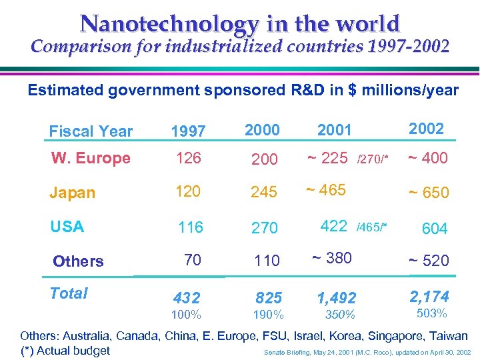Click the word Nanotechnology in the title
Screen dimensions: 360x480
click(x=169, y=24)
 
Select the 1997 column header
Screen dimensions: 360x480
click(x=188, y=132)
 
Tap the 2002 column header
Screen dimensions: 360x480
click(x=426, y=129)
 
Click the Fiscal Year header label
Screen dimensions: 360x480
click(x=91, y=131)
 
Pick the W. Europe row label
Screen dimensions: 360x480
click(x=91, y=159)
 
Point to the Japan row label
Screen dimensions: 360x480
click(x=72, y=193)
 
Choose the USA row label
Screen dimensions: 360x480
click(x=67, y=227)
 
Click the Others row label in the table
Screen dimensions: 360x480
click(x=78, y=261)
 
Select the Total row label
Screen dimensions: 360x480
click(x=69, y=293)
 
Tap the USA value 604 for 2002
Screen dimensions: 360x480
click(x=434, y=229)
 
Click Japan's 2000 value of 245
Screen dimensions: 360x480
click(x=264, y=193)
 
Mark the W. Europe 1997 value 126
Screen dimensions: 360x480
click(x=188, y=159)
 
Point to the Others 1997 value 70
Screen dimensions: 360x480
click(x=192, y=260)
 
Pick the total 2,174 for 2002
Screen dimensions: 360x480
click(x=429, y=296)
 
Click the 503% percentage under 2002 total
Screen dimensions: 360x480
click(x=431, y=313)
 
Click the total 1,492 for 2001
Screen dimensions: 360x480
click(x=336, y=298)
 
